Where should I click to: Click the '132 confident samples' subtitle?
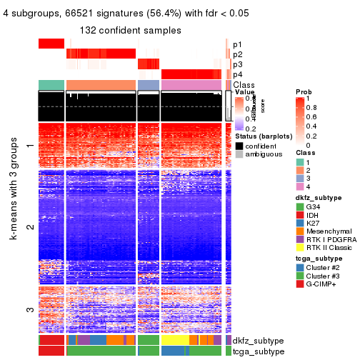131,30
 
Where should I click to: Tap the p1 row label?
237,44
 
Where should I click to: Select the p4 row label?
237,74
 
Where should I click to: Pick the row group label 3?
30,309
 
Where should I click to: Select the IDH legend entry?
316,217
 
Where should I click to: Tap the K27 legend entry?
316,226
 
